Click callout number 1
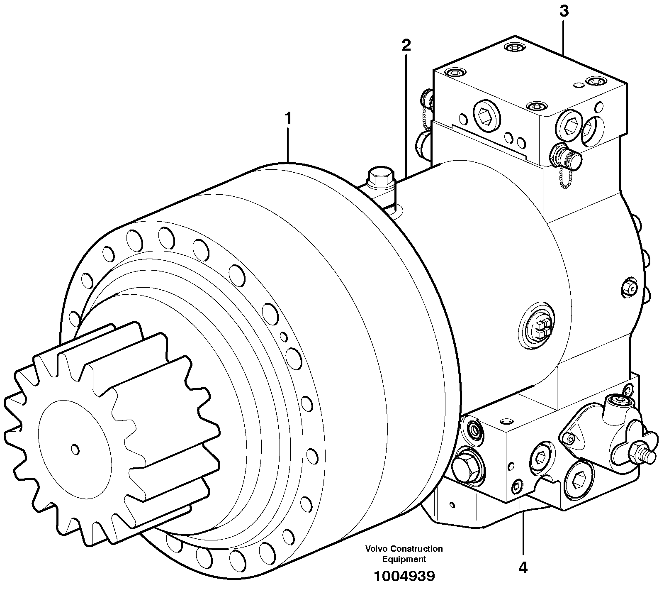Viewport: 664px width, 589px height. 287,119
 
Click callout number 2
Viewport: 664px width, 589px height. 406,45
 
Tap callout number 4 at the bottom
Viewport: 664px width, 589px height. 523,567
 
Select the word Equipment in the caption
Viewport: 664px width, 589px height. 404,559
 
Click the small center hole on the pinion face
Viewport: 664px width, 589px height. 75,449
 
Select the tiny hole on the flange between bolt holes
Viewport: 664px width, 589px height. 283,335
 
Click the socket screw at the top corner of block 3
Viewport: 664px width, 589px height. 514,48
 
